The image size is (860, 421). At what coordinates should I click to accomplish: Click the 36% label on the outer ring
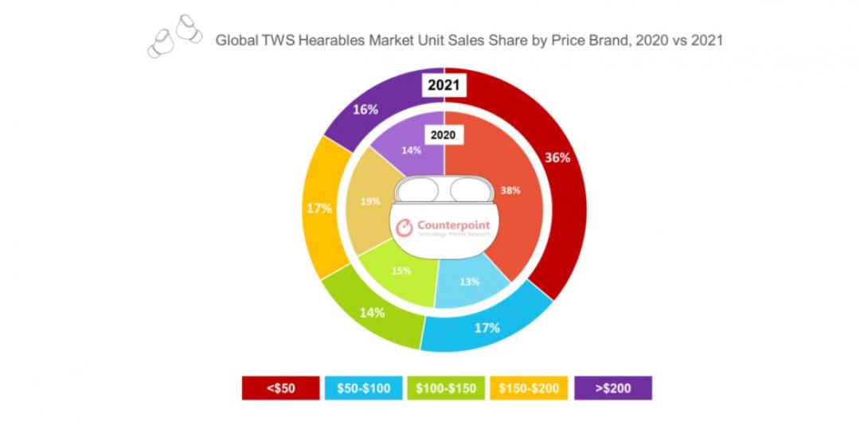click(x=557, y=158)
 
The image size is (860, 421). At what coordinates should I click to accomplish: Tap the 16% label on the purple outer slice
click(x=365, y=110)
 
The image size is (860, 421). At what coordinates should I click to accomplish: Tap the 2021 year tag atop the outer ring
click(x=444, y=85)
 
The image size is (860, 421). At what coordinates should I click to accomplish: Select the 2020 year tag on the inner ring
click(x=444, y=135)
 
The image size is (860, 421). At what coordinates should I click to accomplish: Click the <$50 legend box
click(x=280, y=388)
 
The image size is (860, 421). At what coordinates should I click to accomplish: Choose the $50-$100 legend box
click(x=362, y=388)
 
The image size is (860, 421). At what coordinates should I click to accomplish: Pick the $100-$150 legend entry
click(x=447, y=388)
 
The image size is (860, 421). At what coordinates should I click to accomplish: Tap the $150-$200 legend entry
click(x=529, y=388)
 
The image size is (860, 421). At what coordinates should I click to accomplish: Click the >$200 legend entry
click(x=612, y=388)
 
